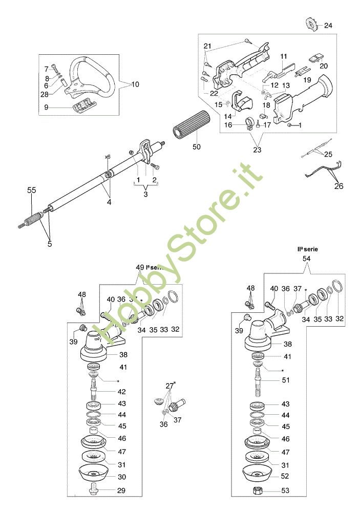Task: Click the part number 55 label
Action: pyautogui.click(x=32, y=190)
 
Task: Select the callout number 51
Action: pyautogui.click(x=286, y=380)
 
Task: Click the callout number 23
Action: pyautogui.click(x=257, y=150)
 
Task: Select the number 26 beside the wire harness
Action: pyautogui.click(x=339, y=186)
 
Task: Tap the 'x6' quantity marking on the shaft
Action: pyautogui.click(x=108, y=157)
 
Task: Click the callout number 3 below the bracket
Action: pyautogui.click(x=146, y=195)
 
